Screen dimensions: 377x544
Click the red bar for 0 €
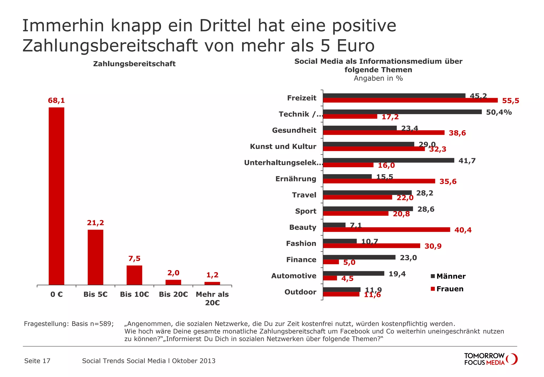56,196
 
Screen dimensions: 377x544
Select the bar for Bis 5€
95,257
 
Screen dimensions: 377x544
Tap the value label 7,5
134,258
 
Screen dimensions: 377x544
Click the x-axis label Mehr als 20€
212,298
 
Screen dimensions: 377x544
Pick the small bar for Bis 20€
173,282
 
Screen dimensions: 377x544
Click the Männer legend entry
448,276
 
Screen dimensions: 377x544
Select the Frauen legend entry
447,289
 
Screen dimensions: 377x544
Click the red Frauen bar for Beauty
386,229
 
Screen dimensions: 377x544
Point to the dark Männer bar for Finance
359,257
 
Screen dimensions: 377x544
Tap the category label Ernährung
296,179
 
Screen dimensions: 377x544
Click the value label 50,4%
499,112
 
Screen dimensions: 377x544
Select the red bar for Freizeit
410,100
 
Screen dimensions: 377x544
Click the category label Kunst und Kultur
283,146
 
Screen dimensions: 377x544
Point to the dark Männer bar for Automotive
354,273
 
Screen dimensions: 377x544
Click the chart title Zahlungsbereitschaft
134,64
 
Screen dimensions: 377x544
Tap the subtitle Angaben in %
378,78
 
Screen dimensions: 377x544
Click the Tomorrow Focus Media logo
491,359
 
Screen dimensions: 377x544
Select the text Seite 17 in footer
37,361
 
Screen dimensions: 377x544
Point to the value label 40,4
463,230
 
